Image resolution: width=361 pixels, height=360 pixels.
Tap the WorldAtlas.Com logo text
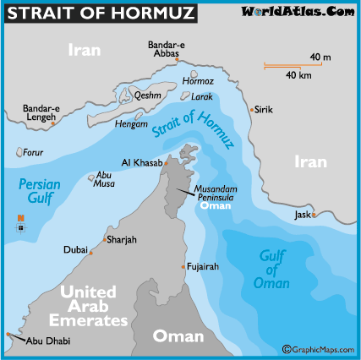[298, 11]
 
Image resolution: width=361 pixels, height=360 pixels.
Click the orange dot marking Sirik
[251, 109]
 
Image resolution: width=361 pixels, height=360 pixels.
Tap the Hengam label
[130, 123]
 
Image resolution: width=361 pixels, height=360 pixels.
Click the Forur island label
[31, 153]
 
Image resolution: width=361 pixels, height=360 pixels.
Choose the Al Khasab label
[141, 162]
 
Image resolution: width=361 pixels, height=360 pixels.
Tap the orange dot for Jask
[314, 215]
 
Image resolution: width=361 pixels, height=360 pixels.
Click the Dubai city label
[75, 250]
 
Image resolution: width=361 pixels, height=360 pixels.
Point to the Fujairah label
[203, 266]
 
